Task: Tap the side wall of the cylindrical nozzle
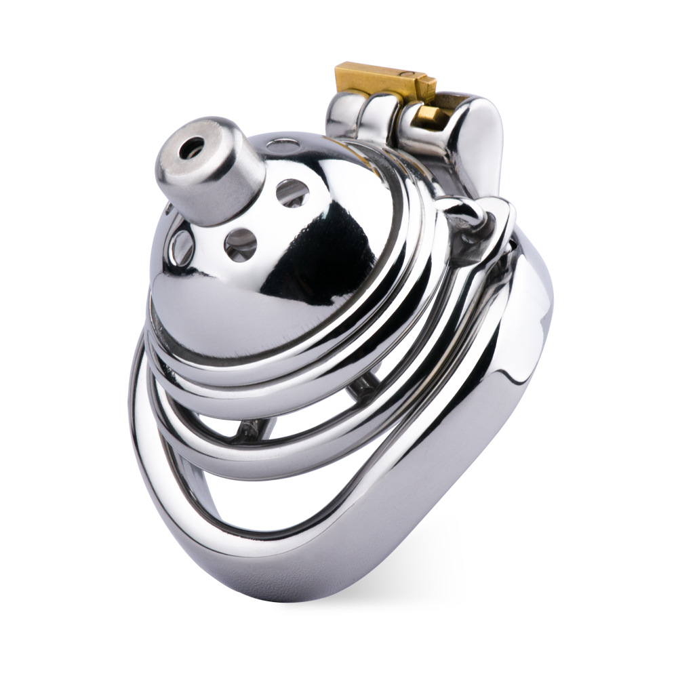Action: (224, 190)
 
